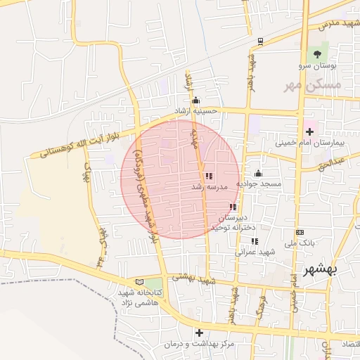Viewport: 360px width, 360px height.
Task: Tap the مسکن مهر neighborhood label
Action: [x=312, y=84]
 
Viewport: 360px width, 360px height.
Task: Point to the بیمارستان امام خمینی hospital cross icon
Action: [x=309, y=131]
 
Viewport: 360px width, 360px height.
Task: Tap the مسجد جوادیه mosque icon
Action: [x=258, y=174]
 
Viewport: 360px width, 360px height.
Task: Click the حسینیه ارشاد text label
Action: [x=198, y=111]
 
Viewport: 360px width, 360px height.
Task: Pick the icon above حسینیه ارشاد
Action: [x=195, y=100]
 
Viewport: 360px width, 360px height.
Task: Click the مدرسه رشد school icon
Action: [x=208, y=176]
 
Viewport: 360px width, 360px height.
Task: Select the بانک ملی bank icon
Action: [x=300, y=232]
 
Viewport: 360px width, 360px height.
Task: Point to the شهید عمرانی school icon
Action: [x=255, y=241]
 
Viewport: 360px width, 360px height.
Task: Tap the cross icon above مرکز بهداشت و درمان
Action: [x=199, y=333]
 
